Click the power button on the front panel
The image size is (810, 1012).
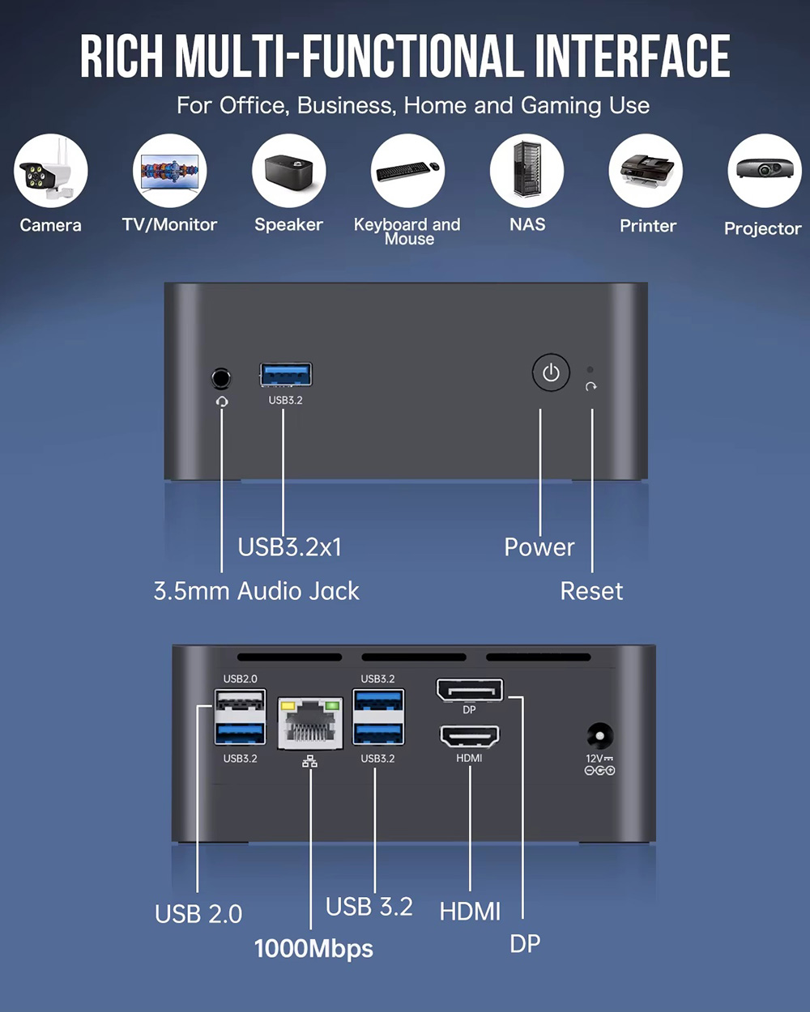[551, 373]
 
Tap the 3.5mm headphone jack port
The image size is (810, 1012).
[221, 377]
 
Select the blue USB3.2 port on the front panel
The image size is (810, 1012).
[286, 375]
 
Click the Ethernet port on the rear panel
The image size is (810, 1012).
[310, 723]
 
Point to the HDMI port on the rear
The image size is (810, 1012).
[469, 736]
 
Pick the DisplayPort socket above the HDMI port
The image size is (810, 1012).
[470, 690]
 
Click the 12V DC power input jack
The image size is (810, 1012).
[599, 737]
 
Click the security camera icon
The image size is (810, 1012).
[50, 171]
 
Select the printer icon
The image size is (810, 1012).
[646, 171]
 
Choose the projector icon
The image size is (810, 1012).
[764, 171]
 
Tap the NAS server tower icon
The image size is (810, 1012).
[527, 171]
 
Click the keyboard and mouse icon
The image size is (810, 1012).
[408, 171]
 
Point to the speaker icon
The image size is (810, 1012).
[289, 171]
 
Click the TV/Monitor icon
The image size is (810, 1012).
[170, 171]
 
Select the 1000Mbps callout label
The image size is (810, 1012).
[313, 948]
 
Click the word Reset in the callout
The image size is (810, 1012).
[591, 591]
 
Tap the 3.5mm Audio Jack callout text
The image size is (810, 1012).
[256, 591]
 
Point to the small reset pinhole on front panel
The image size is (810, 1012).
[590, 370]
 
